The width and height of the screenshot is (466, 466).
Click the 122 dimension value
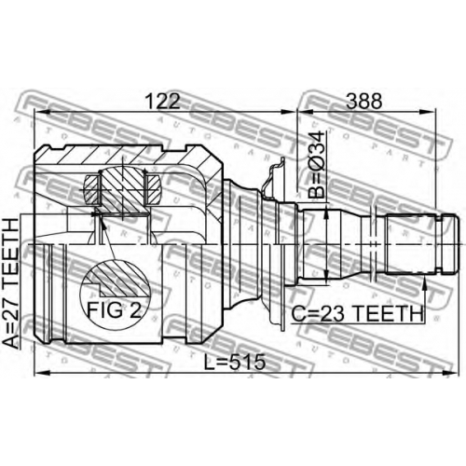coord(163,101)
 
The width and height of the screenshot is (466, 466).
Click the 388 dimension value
coord(363,101)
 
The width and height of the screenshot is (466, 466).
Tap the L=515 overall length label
coord(235,362)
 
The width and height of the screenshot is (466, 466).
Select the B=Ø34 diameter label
coord(316,165)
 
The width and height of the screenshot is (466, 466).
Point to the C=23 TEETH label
coord(357,313)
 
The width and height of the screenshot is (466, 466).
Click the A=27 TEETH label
coord(10,283)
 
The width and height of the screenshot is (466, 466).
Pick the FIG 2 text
coord(114,310)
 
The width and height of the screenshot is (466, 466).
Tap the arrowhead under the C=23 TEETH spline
coord(424,282)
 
